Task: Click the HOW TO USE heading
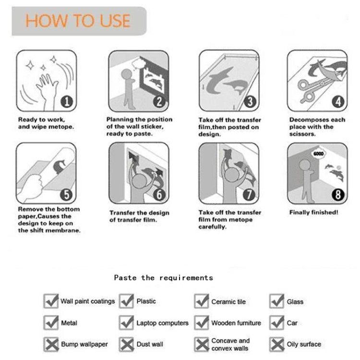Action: [78, 21]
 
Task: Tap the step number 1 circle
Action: [67, 101]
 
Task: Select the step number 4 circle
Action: [339, 101]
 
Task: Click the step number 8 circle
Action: [339, 194]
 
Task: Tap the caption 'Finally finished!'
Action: [313, 212]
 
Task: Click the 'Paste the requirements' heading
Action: [163, 277]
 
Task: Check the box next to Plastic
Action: [127, 301]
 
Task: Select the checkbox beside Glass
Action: [277, 301]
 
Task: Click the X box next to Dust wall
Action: [127, 344]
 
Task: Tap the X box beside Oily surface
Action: [277, 344]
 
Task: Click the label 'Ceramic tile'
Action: [228, 302]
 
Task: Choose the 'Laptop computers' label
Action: [162, 323]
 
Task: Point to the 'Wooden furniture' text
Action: [236, 323]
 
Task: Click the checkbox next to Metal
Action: [51, 323]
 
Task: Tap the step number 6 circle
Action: [160, 194]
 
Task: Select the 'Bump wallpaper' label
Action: [84, 344]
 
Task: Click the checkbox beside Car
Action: [277, 323]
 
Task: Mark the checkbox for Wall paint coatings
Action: [51, 301]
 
